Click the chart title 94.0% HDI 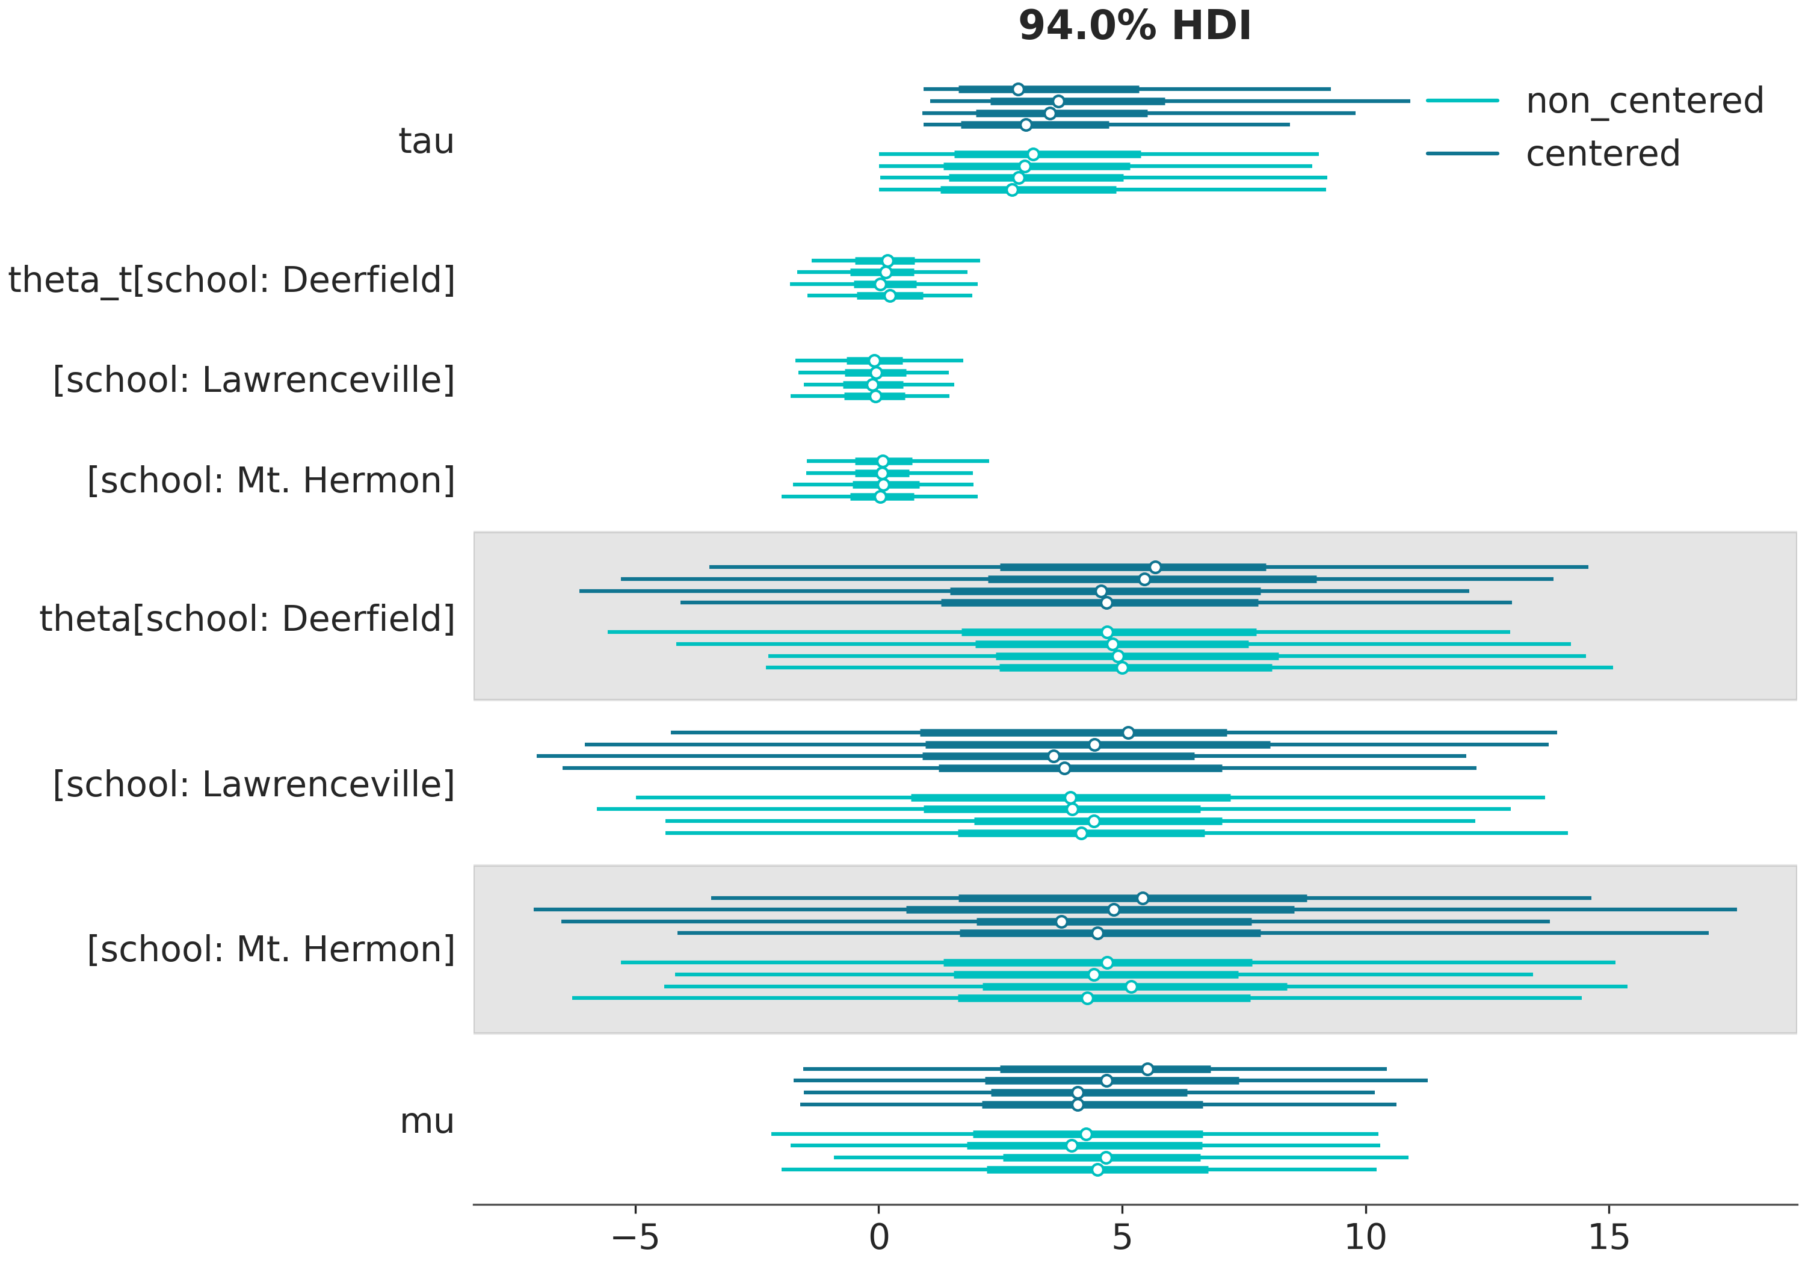[1134, 26]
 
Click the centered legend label [1602, 154]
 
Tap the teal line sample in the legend [1462, 101]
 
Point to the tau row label [426, 141]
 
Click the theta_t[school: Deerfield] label [232, 280]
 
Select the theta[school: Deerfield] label [248, 619]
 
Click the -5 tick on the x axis [635, 1238]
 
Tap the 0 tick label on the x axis [879, 1238]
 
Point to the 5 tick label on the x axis [1122, 1238]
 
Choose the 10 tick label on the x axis [1366, 1238]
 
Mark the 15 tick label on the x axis [1608, 1238]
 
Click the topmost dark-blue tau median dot [1018, 89]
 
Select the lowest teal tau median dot [1012, 190]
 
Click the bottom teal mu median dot [1097, 1170]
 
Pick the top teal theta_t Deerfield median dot [887, 261]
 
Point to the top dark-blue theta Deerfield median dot [1155, 567]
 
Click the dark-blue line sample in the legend [1462, 153]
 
